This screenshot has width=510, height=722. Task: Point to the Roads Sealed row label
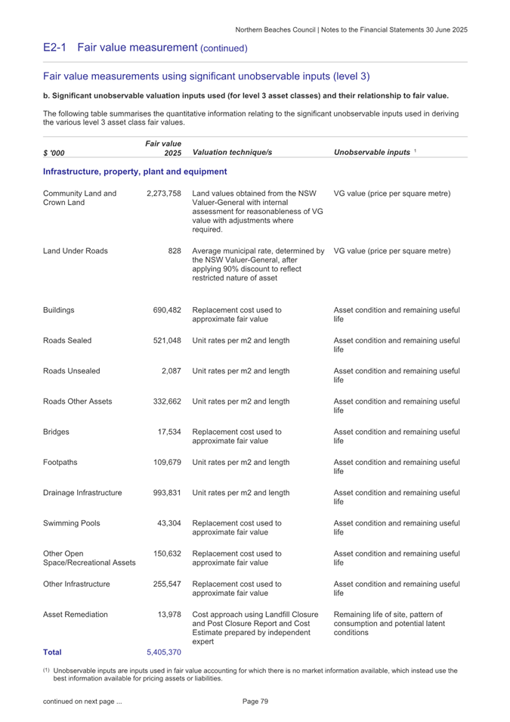68,341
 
